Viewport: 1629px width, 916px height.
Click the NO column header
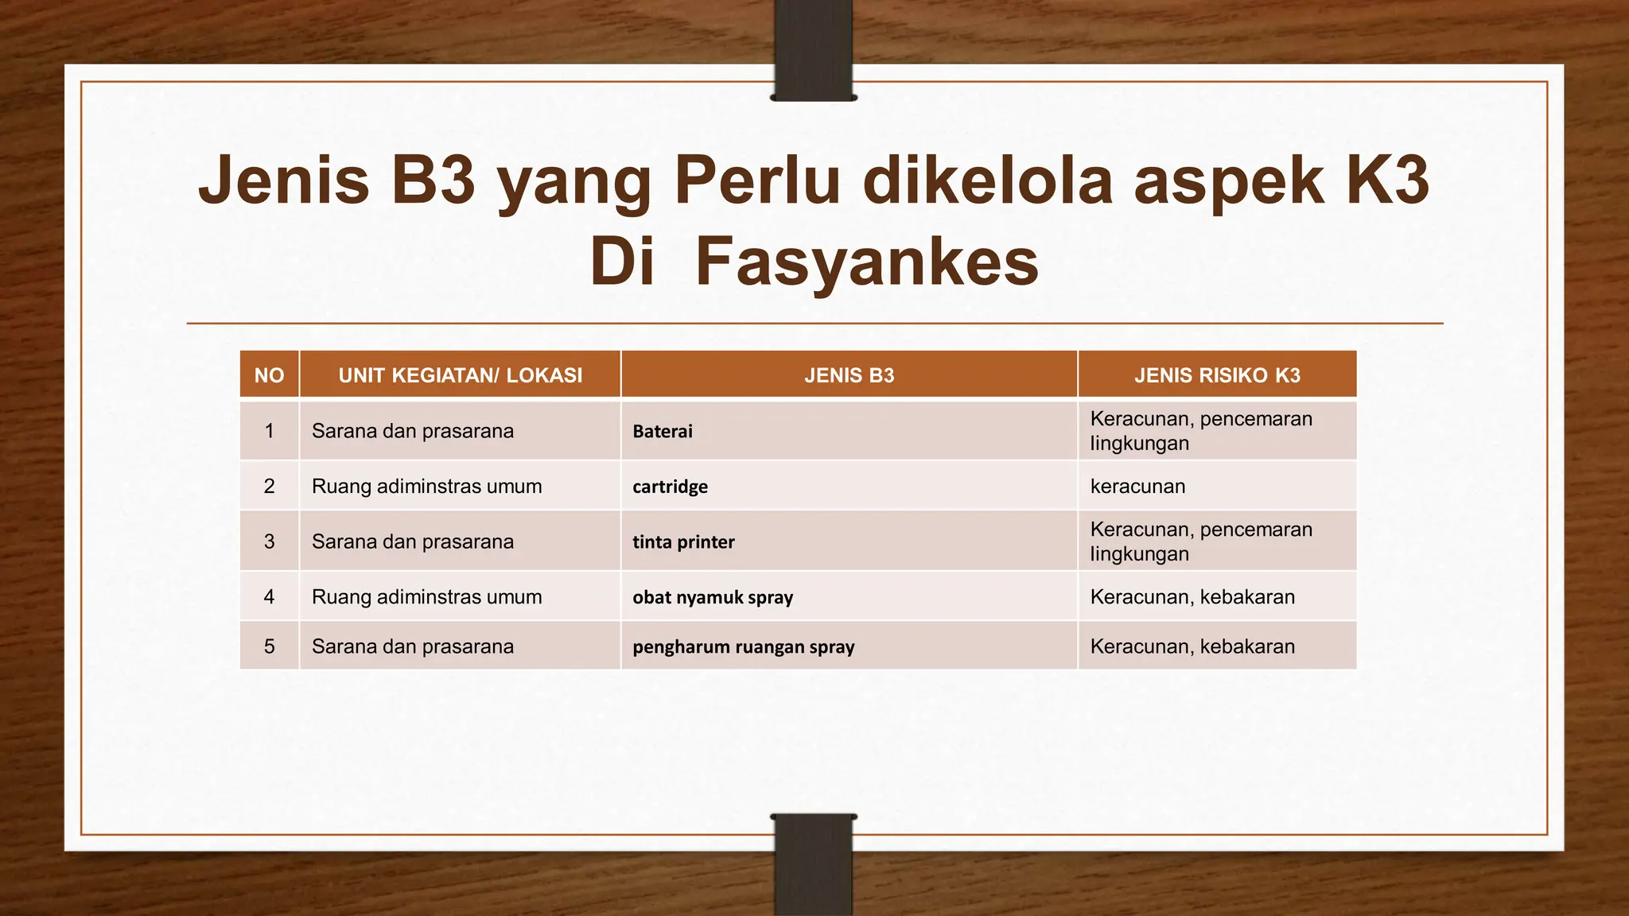269,375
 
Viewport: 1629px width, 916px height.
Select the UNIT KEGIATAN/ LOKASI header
460,375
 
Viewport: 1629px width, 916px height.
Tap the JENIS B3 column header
849,375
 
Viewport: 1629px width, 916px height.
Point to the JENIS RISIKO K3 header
1217,375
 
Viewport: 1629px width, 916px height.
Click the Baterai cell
663,432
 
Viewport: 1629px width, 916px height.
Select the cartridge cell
670,487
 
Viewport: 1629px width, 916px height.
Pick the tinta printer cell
683,542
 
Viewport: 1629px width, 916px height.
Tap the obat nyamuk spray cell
713,597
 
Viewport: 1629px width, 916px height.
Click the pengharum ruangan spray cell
743,647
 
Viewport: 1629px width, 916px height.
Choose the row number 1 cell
269,431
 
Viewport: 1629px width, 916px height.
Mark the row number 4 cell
269,597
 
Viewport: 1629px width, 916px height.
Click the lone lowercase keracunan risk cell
1137,487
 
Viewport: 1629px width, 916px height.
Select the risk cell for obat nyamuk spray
1192,597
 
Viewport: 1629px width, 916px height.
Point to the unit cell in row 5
412,646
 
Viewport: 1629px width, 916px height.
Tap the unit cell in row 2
426,487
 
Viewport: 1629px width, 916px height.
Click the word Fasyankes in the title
866,262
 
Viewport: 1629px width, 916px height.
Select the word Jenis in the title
284,180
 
